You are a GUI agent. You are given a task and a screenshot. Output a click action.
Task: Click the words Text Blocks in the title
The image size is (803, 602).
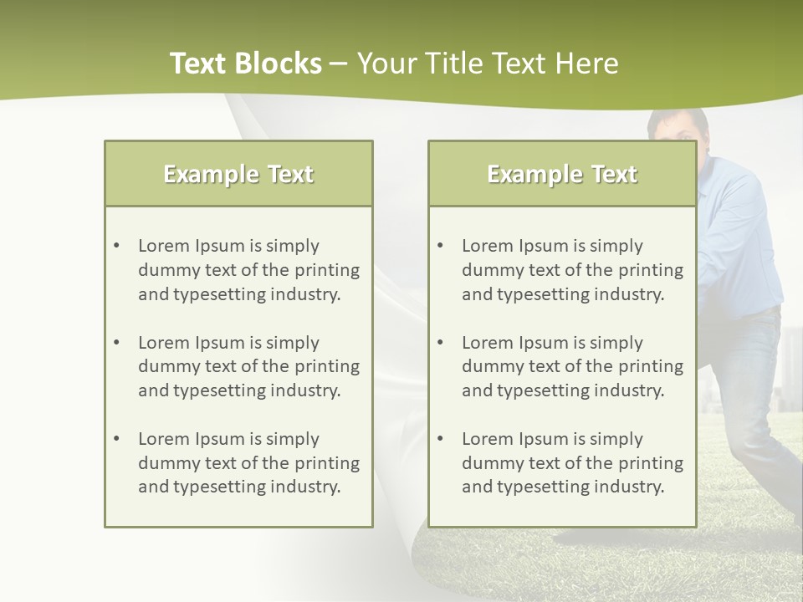point(245,64)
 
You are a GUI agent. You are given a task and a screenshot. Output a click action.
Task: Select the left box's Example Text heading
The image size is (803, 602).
point(238,174)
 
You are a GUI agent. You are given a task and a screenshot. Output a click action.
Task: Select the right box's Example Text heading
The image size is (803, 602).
point(562,174)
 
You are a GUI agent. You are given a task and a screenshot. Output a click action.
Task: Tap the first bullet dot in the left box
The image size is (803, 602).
point(116,246)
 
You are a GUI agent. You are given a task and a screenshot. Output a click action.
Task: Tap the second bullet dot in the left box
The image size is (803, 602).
point(116,343)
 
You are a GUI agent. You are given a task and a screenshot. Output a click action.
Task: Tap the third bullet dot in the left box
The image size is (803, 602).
point(116,439)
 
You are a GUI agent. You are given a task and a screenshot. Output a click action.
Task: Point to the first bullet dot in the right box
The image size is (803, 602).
point(440,246)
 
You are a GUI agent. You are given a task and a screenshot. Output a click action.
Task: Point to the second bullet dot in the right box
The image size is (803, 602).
point(440,343)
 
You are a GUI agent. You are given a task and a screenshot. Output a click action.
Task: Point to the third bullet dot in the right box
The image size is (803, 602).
point(440,439)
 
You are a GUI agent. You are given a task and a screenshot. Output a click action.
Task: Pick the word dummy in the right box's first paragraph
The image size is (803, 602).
point(488,270)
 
